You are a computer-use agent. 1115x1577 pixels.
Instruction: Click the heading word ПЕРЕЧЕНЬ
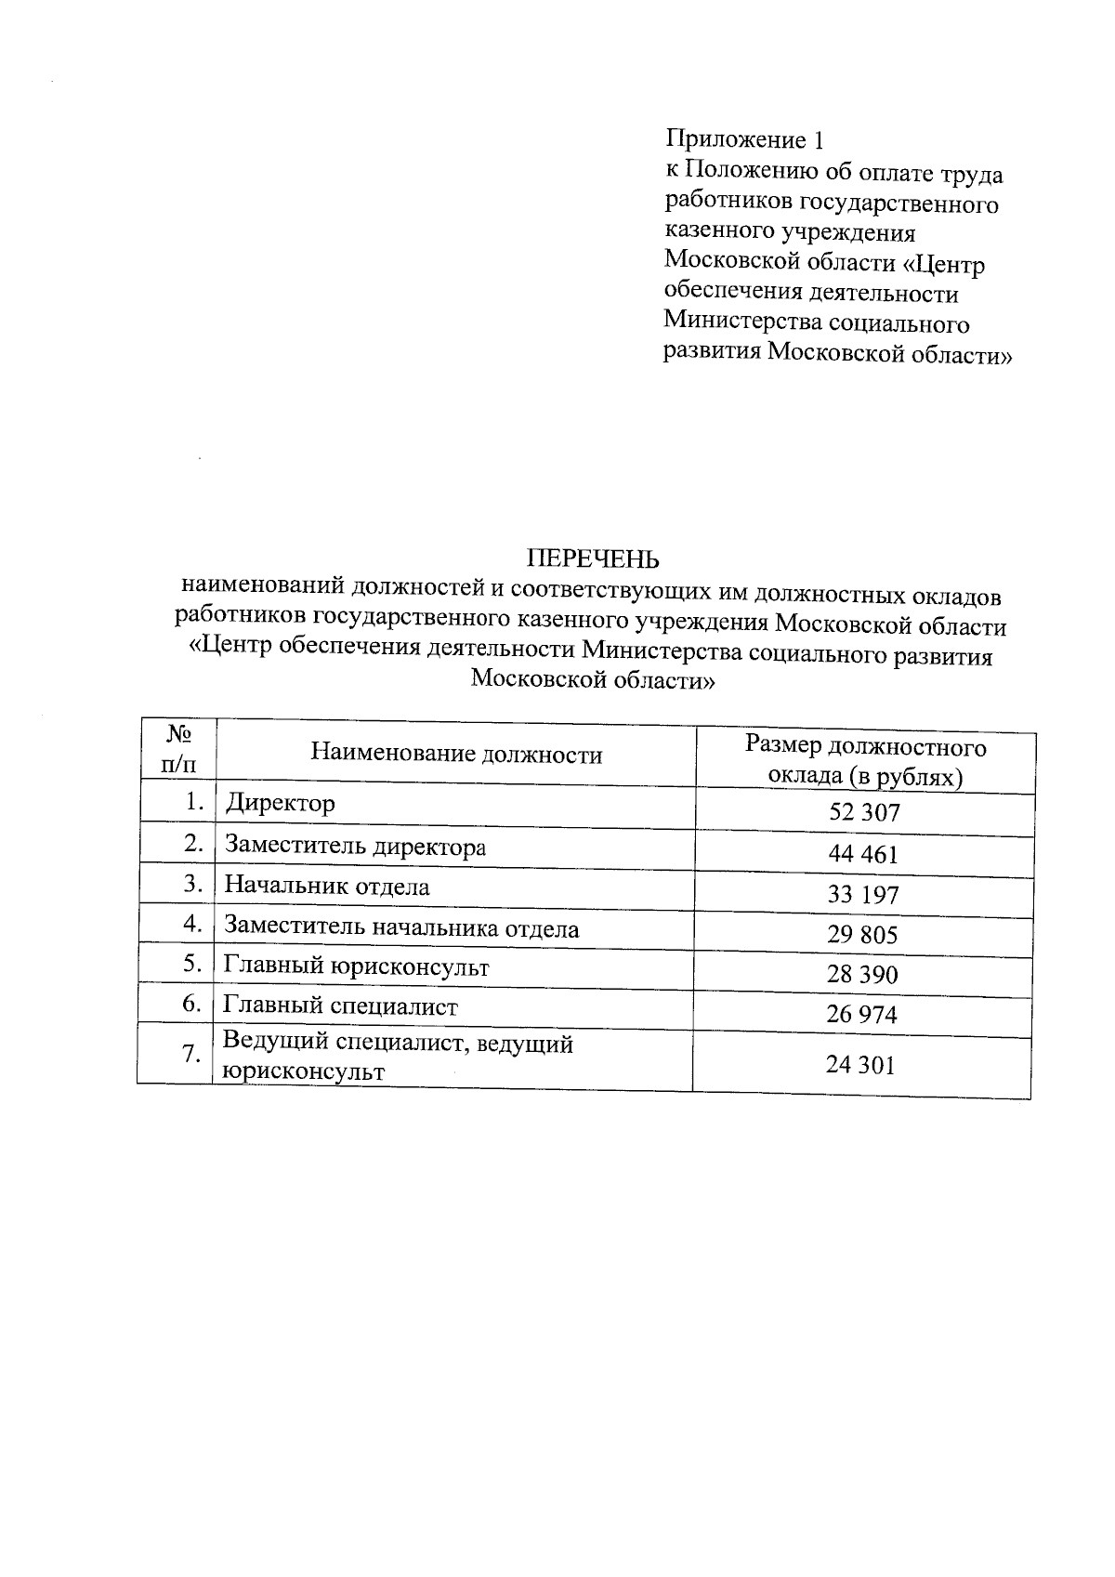tap(593, 559)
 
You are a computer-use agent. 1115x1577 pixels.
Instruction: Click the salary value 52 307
tap(864, 812)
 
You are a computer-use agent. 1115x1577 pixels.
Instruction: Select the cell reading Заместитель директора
tap(355, 847)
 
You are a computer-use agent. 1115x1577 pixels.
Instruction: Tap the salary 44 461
tap(863, 854)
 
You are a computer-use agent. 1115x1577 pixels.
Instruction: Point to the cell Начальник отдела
tap(327, 887)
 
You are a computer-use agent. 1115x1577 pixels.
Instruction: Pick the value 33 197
tap(863, 895)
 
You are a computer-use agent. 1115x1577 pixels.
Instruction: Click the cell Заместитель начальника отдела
tap(401, 927)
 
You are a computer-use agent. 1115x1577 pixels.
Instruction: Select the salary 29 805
tap(862, 935)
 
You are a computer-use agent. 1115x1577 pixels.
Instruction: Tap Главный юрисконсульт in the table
tap(357, 966)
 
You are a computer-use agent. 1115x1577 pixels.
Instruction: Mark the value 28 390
tap(862, 975)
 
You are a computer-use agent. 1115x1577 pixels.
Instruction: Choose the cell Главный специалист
tap(341, 1005)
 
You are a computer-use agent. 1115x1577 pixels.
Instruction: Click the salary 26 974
tap(861, 1014)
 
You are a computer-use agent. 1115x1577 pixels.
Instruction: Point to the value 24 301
tap(860, 1064)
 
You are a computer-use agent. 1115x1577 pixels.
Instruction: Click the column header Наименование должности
tap(455, 753)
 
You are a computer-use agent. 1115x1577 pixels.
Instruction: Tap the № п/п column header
tap(178, 749)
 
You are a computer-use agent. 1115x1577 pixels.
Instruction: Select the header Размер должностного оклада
tap(865, 761)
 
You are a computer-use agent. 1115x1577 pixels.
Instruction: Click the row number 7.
tap(191, 1054)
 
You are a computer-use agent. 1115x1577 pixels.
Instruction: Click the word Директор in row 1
tap(280, 802)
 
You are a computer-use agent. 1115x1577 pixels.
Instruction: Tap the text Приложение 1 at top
tap(743, 140)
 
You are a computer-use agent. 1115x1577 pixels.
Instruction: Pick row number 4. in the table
tap(192, 924)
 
